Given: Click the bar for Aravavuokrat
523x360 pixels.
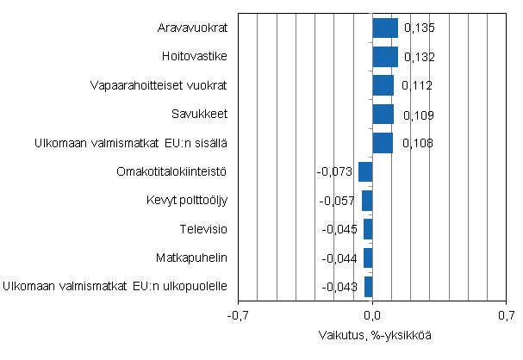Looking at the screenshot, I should (x=385, y=28).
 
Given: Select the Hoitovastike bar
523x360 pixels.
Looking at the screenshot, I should (x=385, y=57).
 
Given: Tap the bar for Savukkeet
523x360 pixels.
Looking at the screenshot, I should (x=383, y=115).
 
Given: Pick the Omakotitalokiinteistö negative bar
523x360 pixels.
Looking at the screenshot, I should (x=365, y=171).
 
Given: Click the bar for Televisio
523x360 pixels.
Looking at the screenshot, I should (x=368, y=229).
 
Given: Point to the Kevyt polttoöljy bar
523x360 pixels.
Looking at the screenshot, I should (x=367, y=201).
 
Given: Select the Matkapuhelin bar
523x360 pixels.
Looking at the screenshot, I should (x=368, y=258).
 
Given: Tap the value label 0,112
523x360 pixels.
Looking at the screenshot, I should (x=416, y=86).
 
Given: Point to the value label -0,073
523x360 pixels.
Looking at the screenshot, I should (x=335, y=172).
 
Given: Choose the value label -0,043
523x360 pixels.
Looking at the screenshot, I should (x=340, y=287).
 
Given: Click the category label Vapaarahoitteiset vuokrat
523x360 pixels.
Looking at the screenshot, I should (x=159, y=86).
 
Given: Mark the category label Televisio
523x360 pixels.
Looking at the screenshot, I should (x=203, y=229).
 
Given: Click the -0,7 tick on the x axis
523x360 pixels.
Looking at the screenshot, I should (x=237, y=315).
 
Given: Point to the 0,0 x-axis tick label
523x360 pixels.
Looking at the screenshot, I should (x=373, y=315).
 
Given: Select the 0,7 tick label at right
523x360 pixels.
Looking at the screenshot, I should (x=507, y=315).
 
